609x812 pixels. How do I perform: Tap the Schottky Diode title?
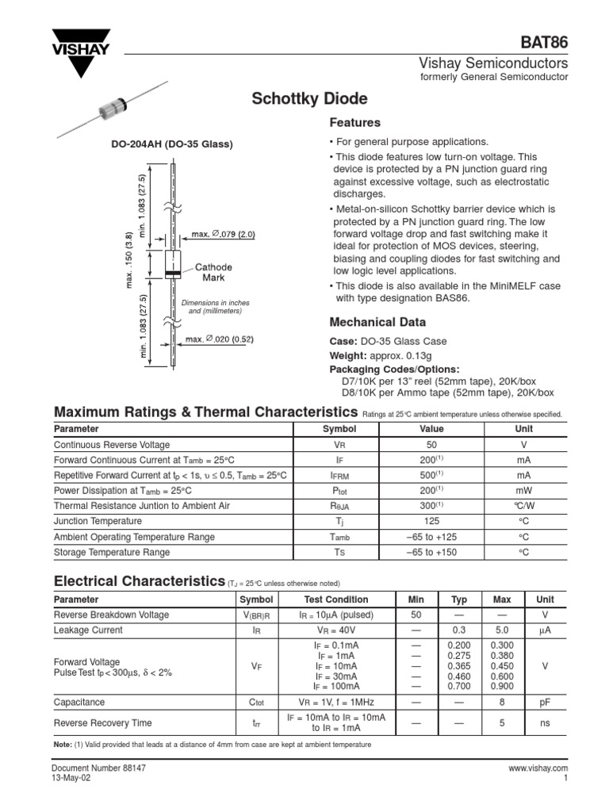[308, 99]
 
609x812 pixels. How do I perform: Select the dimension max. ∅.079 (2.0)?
[223, 235]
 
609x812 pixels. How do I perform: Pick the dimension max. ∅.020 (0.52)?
[219, 339]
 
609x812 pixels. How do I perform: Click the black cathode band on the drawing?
[171, 274]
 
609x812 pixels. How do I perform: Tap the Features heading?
[354, 123]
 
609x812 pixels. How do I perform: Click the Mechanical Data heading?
[377, 322]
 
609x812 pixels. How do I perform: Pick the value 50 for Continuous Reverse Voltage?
[431, 446]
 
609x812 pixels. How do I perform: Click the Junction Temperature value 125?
[431, 522]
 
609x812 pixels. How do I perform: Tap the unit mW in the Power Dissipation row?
[523, 490]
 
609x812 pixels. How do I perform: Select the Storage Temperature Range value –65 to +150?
[431, 552]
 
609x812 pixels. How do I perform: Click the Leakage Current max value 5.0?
[502, 630]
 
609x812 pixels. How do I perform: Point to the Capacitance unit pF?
[545, 703]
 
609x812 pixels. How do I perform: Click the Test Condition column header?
[336, 600]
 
